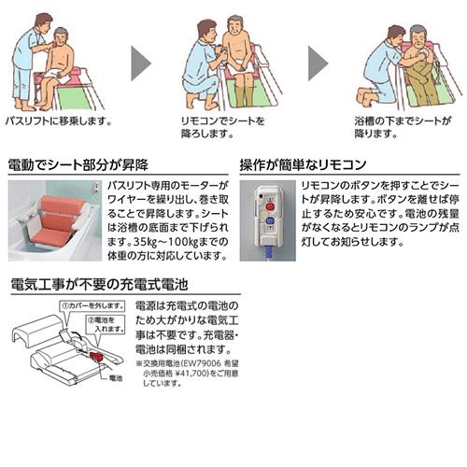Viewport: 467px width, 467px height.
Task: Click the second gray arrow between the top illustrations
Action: pos(318,63)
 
